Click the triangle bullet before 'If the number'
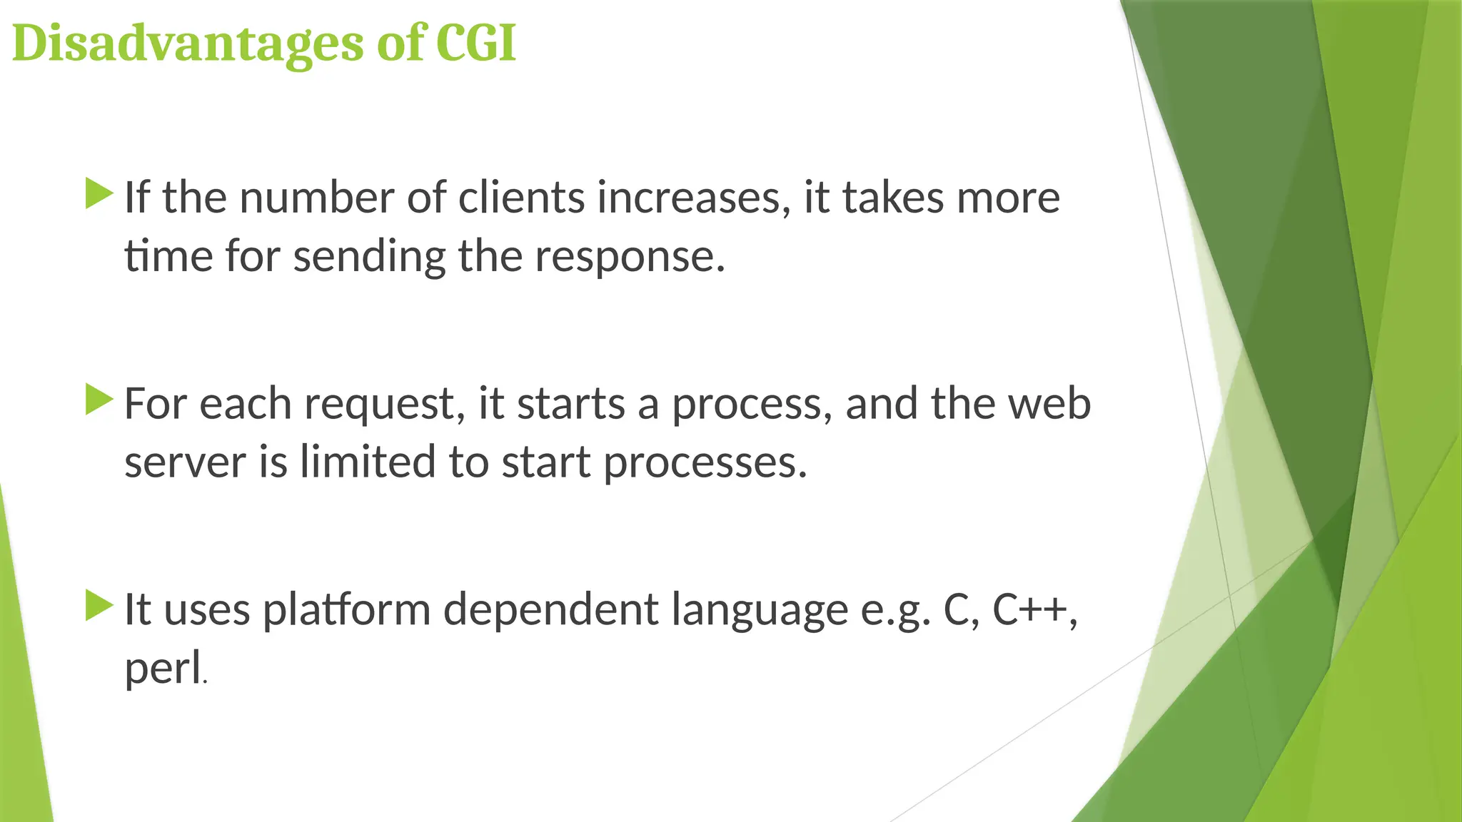pyautogui.click(x=99, y=194)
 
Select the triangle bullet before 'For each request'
pyautogui.click(x=99, y=400)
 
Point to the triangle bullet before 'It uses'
pyautogui.click(x=99, y=606)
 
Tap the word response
pyautogui.click(x=629, y=257)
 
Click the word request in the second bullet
pyautogui.click(x=385, y=405)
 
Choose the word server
pyautogui.click(x=185, y=462)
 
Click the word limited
pyautogui.click(x=368, y=462)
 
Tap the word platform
pyautogui.click(x=347, y=611)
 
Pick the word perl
pyautogui.click(x=163, y=670)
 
